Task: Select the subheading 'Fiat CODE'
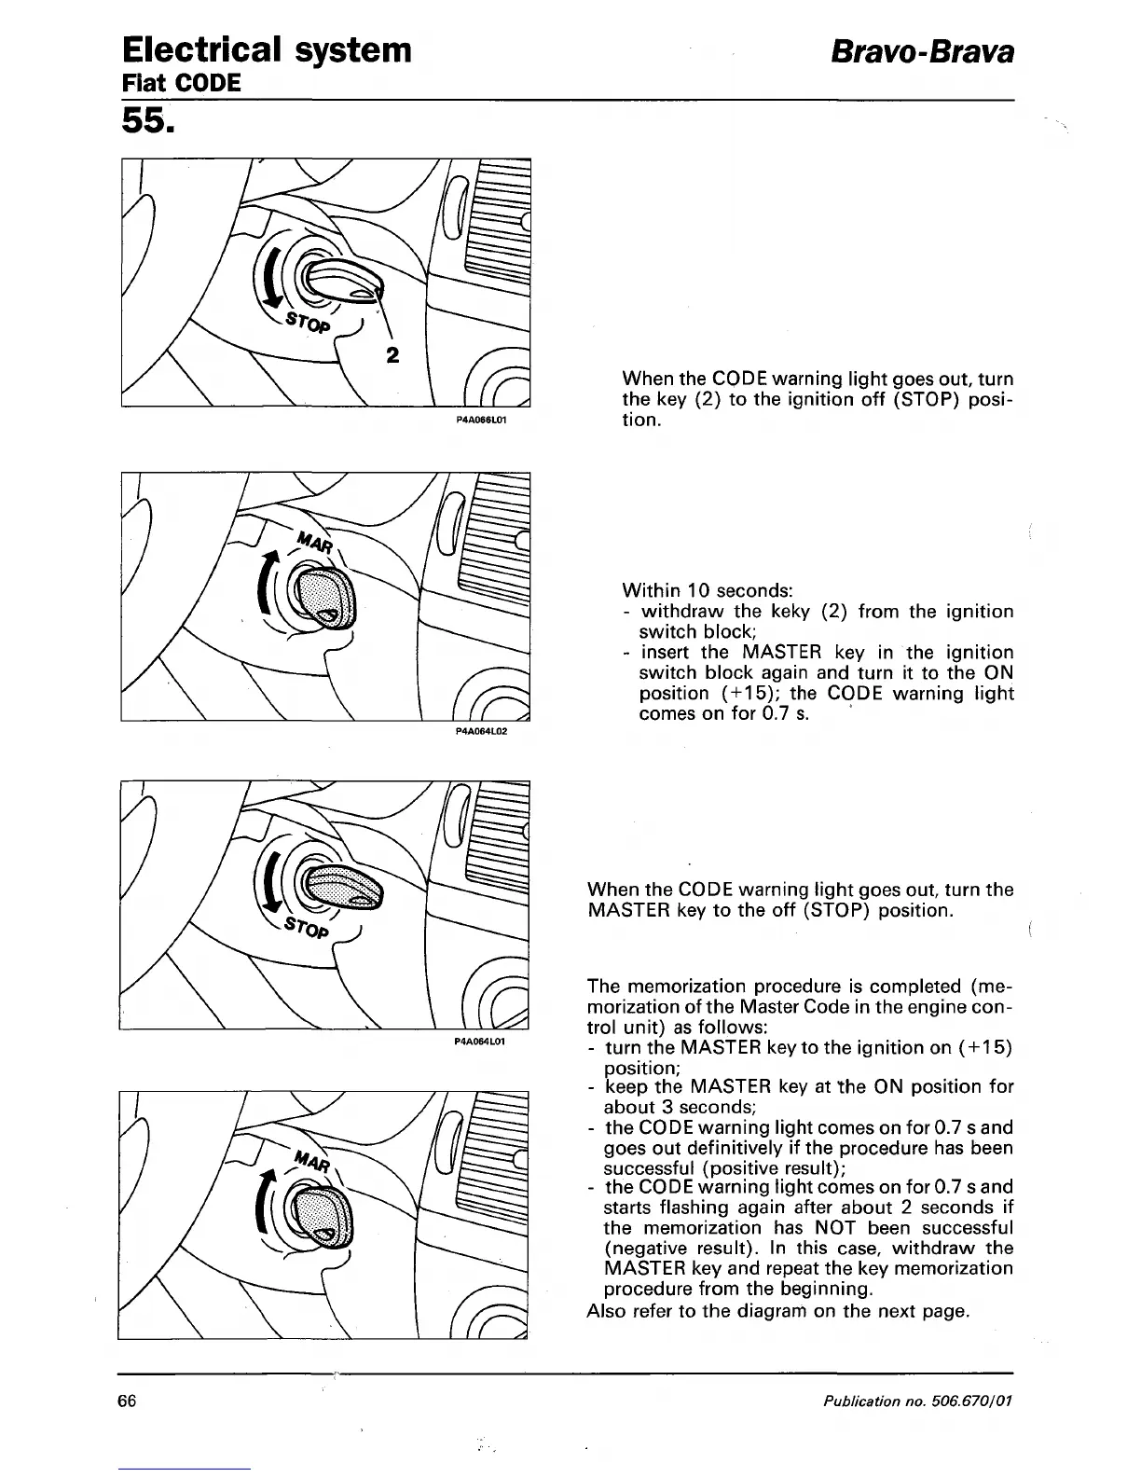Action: coord(182,83)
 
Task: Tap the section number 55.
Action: coord(147,121)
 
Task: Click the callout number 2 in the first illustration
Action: coord(392,355)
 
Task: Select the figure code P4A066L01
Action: coord(480,421)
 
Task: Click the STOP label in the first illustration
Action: coord(307,323)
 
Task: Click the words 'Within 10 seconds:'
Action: coord(707,590)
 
